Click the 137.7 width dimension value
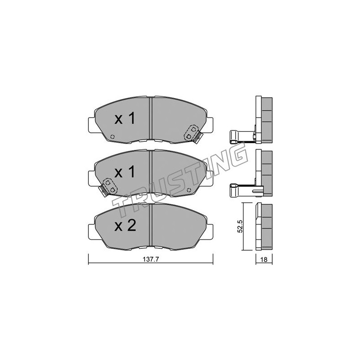point(151,260)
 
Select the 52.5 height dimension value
point(240,227)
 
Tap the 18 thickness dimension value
point(264,260)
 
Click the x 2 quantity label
point(126,226)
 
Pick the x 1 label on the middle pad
point(125,172)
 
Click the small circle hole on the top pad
point(112,137)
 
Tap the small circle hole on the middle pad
point(189,190)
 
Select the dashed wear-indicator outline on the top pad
point(191,133)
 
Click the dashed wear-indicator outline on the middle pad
point(110,186)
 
